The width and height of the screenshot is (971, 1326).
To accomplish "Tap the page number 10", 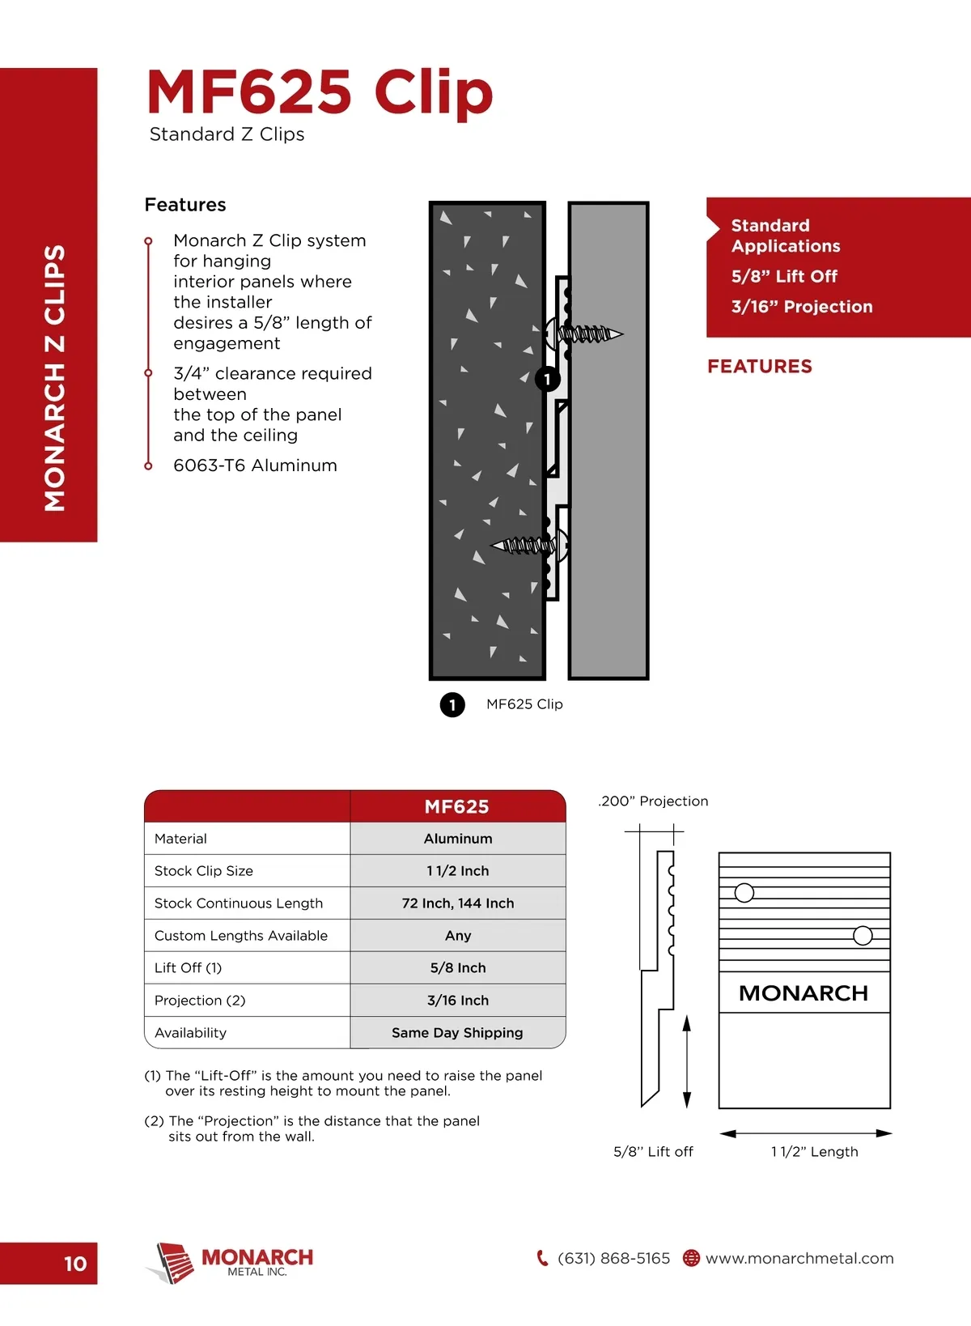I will coord(75,1264).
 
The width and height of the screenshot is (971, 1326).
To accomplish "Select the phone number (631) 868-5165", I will coord(613,1258).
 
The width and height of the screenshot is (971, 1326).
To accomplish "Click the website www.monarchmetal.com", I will coord(799,1258).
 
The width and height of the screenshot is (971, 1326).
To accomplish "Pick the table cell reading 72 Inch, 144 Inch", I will coord(458,903).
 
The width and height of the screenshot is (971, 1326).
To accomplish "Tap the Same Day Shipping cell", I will coord(458,1033).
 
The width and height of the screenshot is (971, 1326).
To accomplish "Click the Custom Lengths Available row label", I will coord(241,936).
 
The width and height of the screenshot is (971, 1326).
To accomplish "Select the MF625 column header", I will coord(457,807).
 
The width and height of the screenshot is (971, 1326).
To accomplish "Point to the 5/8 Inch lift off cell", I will coord(458,968).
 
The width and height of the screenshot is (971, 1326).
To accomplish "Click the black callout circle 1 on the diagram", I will coord(548,379).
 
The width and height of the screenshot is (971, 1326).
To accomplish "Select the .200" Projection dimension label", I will coord(653,801).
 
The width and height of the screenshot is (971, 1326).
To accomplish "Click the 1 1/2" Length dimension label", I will coord(814,1152).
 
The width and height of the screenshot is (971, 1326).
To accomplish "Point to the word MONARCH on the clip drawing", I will coord(804,993).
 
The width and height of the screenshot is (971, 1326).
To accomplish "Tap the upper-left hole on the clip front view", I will coord(744,893).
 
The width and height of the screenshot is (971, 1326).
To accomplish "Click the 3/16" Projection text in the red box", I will coord(802,307).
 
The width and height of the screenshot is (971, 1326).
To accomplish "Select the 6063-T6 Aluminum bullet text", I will coord(255,465).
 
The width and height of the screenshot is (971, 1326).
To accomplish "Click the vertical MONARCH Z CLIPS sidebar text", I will coord(54,378).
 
